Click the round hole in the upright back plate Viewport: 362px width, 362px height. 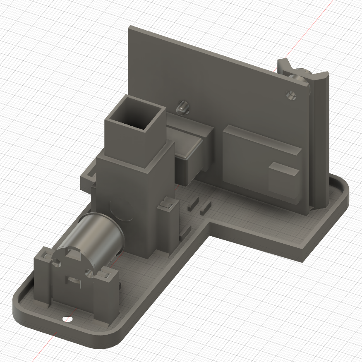(x=291, y=96)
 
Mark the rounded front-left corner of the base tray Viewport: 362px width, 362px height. (x=23, y=308)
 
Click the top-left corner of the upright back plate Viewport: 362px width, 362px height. (x=130, y=28)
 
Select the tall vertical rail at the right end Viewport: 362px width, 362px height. (x=319, y=141)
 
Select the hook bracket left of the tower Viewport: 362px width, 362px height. (x=88, y=176)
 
